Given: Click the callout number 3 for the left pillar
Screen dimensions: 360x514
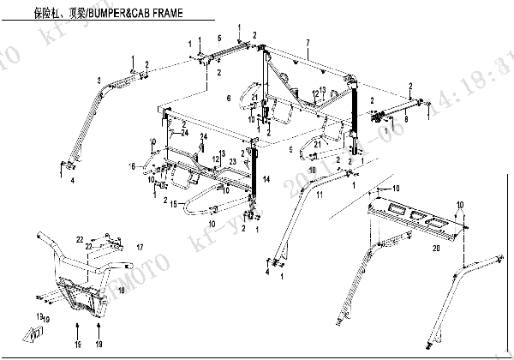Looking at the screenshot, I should click(x=99, y=80).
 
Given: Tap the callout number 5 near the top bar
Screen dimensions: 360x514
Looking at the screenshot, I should click(x=219, y=38).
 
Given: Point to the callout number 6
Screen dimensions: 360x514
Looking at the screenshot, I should click(x=229, y=99).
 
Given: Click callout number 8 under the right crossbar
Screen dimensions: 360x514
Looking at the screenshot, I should click(x=405, y=121).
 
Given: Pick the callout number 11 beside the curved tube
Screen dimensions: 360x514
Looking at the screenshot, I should click(x=319, y=197).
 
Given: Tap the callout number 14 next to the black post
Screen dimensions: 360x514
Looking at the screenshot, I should click(x=266, y=179).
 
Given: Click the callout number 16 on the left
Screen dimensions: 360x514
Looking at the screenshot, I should click(x=133, y=165).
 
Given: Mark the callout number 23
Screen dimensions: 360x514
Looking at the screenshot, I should click(x=232, y=161).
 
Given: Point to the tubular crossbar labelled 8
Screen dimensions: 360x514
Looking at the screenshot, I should click(x=403, y=109).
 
